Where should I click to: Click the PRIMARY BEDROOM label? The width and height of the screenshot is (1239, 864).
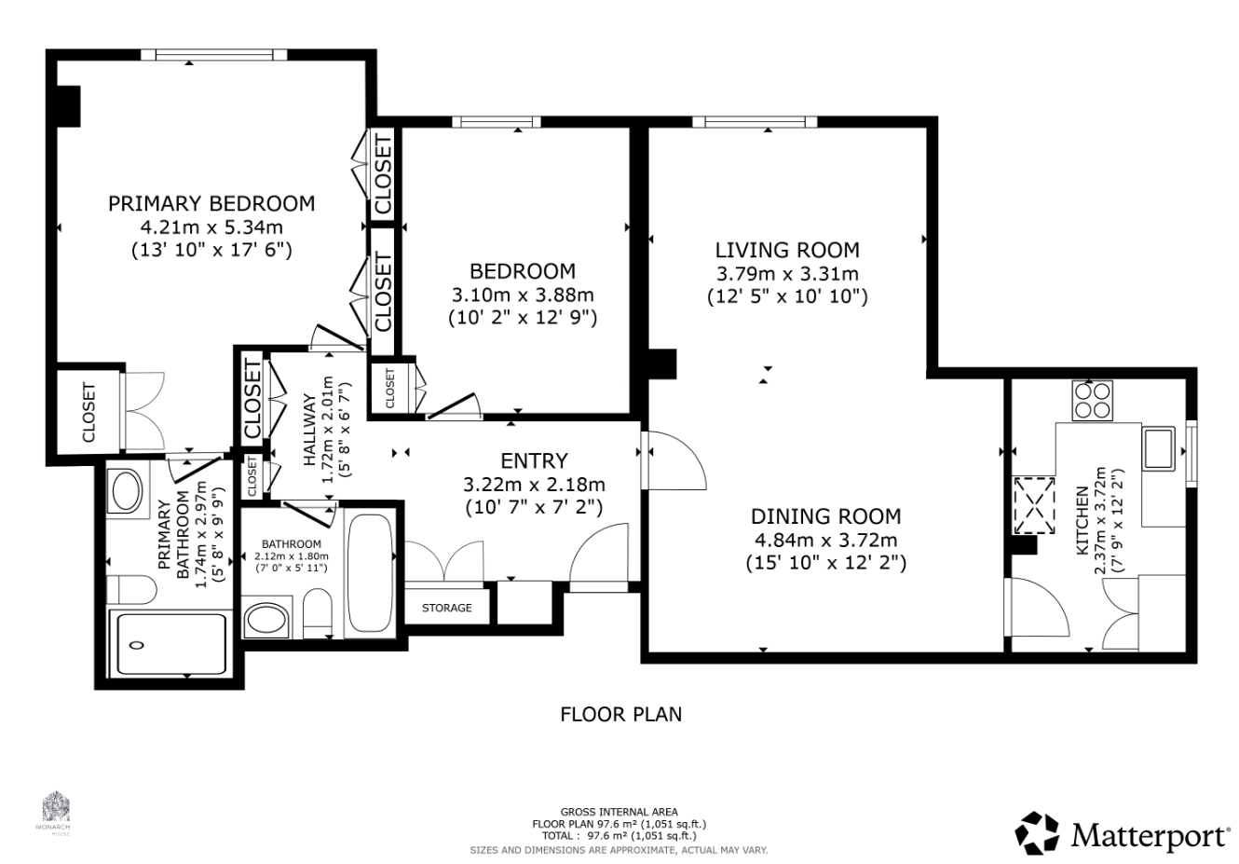coord(211,204)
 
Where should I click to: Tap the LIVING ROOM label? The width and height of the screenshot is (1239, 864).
coord(787,250)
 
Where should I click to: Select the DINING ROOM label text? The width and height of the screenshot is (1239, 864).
coord(825,516)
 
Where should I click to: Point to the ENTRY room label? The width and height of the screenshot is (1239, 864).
coord(534,461)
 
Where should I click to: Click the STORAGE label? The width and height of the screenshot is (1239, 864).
coord(447,608)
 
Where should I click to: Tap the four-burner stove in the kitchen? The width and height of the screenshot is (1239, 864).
coord(1093,401)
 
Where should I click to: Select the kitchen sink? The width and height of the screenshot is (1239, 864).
coord(1159,448)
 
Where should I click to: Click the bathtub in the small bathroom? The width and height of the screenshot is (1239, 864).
coord(371,573)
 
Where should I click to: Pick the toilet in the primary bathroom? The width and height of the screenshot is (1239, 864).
coord(131,589)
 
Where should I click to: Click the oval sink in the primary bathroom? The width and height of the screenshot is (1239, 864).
coord(128,490)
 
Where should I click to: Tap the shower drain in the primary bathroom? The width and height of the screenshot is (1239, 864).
coord(137,645)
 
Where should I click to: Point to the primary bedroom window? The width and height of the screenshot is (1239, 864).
coord(214,55)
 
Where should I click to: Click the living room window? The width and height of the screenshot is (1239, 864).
coord(755,122)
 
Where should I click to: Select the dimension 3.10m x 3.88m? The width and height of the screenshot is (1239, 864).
coord(523,295)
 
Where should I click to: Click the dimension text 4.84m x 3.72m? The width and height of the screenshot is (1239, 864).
coord(825,540)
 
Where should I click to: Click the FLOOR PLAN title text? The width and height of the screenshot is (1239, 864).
coord(620,715)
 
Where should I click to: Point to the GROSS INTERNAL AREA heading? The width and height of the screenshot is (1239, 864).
coord(619,812)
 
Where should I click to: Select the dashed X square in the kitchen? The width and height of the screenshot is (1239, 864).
coord(1034,505)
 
